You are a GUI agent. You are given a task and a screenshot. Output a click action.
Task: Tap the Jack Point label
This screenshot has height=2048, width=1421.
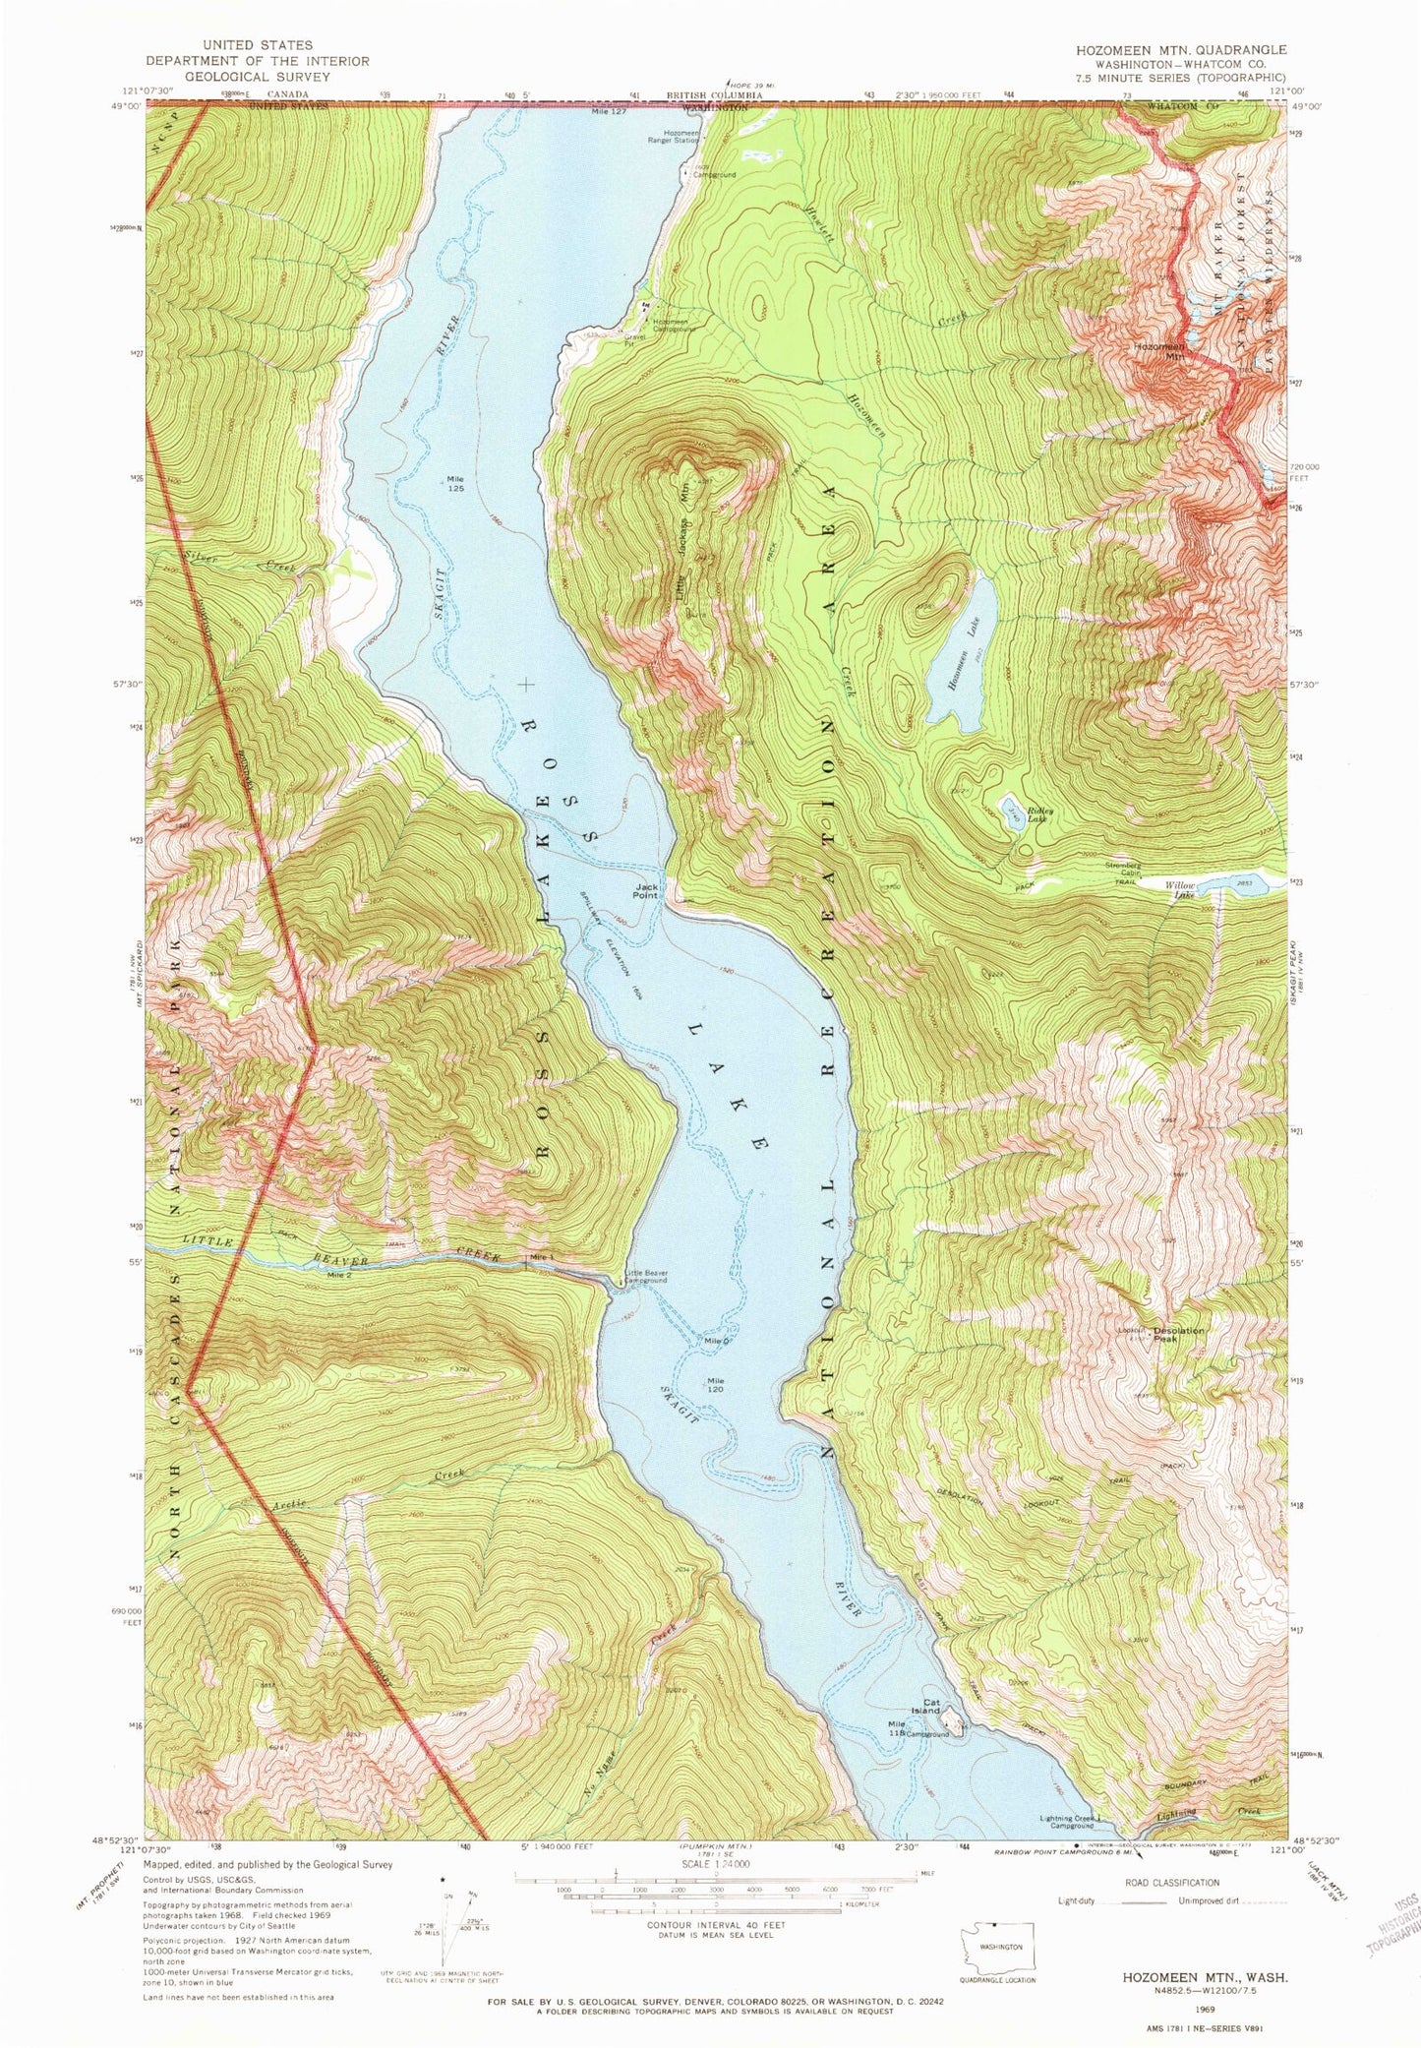point(645,890)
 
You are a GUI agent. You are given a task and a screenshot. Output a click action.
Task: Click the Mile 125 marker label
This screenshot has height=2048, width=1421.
point(454,484)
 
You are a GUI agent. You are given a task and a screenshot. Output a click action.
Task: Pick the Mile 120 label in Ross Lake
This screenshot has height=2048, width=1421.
point(716,1384)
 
